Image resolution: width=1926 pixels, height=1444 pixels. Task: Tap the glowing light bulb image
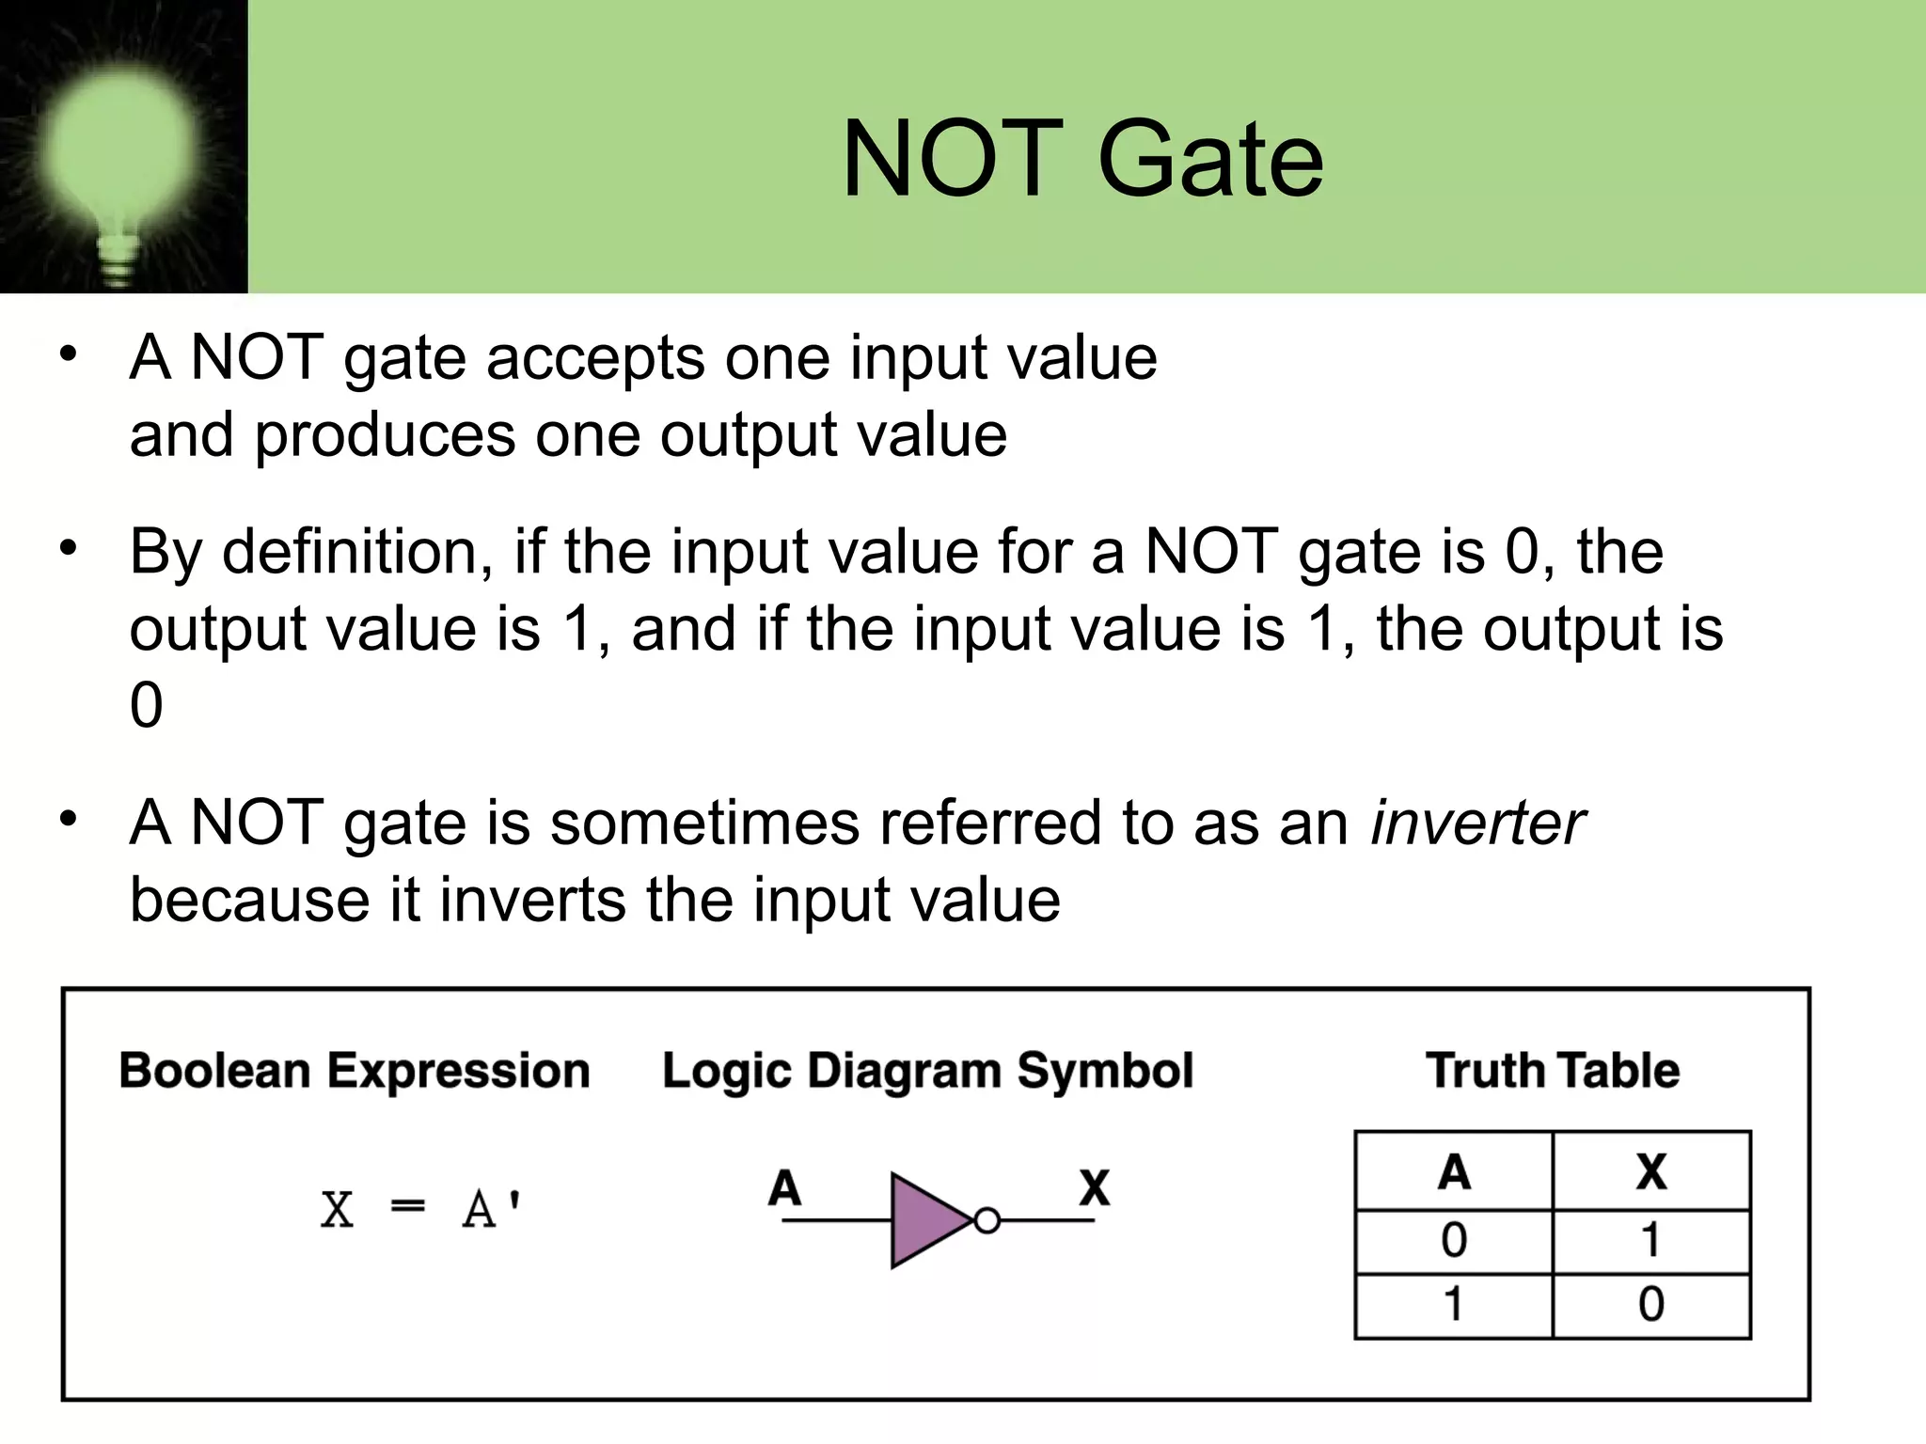(121, 150)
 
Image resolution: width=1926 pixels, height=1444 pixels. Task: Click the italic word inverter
(1477, 824)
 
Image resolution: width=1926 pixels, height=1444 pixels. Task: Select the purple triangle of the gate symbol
(926, 1220)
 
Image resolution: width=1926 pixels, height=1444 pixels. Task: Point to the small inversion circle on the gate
(987, 1221)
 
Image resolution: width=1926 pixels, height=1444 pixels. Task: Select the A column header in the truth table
(1454, 1172)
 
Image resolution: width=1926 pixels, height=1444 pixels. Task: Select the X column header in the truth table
(1651, 1172)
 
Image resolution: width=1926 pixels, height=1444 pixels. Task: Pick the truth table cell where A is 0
(1454, 1241)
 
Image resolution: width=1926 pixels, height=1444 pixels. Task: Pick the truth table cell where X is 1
(1651, 1241)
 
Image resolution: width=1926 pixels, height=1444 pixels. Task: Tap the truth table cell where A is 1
(1454, 1305)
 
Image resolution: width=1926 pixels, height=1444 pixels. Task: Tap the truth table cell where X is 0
(1651, 1305)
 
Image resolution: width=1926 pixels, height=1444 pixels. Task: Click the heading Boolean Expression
(355, 1071)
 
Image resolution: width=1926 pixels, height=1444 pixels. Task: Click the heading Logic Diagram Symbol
(927, 1072)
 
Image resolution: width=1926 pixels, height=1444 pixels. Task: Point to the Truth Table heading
(1553, 1071)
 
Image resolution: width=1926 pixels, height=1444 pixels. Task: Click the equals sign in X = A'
(407, 1206)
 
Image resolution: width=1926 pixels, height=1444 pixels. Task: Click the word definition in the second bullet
(357, 552)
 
